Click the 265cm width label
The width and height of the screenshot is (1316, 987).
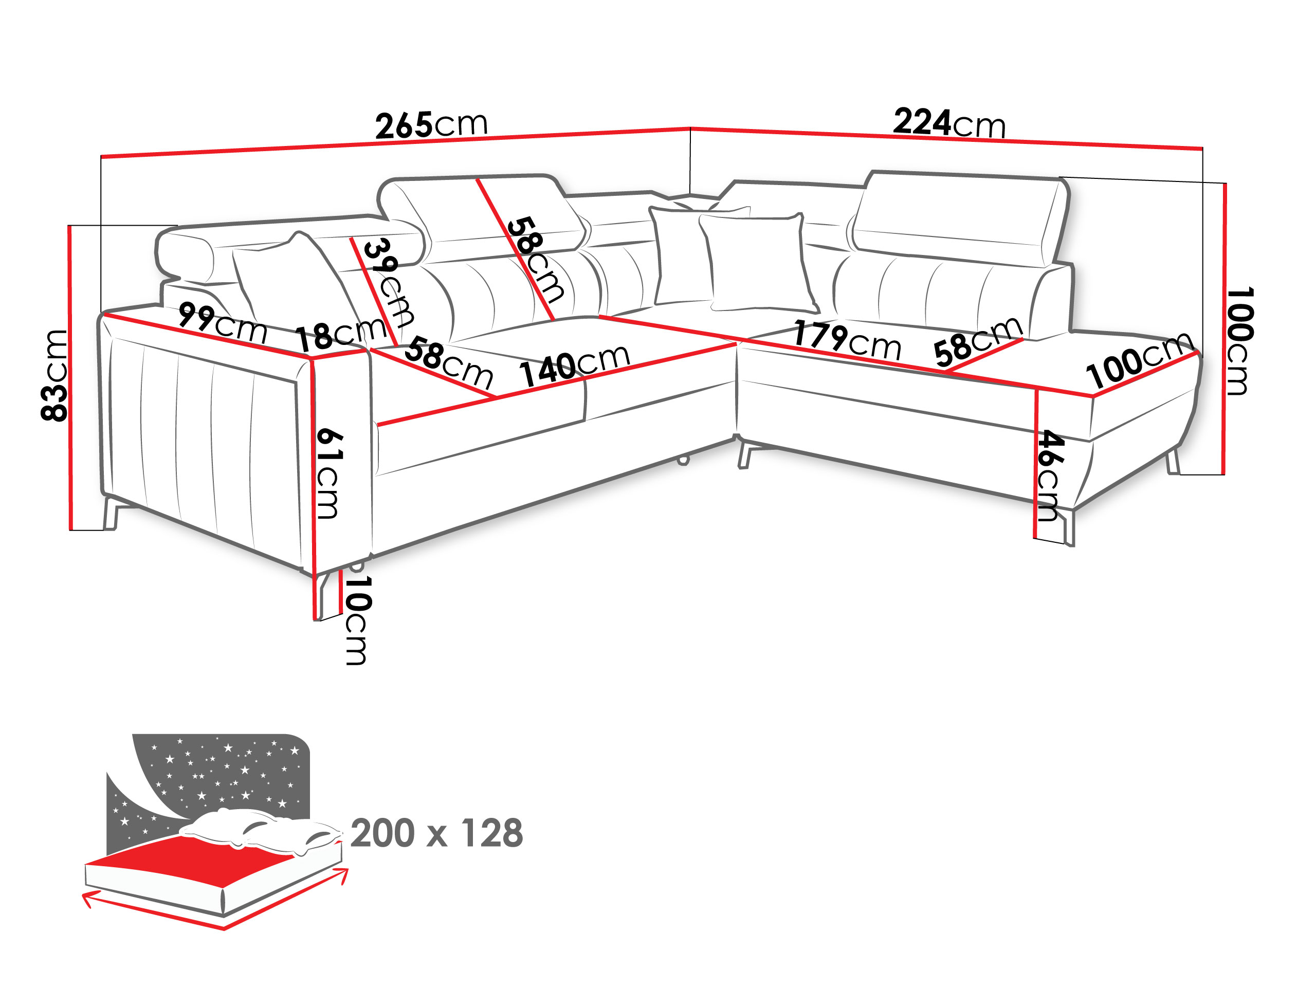[x=431, y=125]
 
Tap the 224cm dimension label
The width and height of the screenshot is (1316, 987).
[x=949, y=123]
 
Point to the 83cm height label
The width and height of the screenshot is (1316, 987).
[x=54, y=375]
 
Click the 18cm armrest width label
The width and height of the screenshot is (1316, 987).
[x=341, y=334]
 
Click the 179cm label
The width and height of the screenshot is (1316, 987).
[x=847, y=341]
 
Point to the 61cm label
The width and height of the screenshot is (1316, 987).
[x=328, y=473]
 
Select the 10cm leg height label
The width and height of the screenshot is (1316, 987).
[x=358, y=620]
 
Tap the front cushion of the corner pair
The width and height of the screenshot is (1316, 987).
[x=757, y=262]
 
